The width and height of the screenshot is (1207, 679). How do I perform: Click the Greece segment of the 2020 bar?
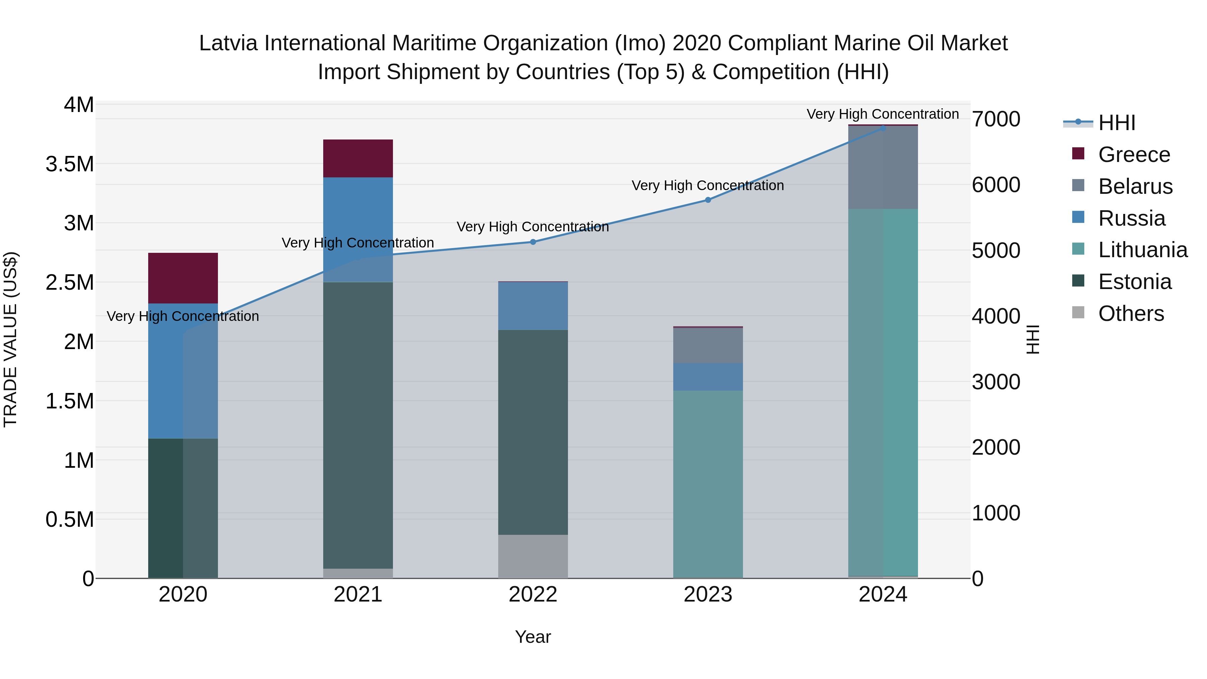(183, 278)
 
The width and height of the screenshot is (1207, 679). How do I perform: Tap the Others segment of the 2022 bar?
(533, 556)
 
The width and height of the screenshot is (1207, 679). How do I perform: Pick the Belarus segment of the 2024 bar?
(883, 167)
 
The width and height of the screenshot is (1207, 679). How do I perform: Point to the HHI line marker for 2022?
(533, 242)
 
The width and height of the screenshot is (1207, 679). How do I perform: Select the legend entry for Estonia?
(1134, 282)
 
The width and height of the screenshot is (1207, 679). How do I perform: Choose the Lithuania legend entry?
(1142, 250)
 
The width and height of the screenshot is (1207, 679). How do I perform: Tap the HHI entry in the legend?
(1116, 123)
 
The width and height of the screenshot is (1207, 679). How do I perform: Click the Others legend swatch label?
(1131, 314)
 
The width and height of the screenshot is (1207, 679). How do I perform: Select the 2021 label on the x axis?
(358, 595)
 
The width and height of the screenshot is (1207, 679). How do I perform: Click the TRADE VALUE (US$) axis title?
(10, 339)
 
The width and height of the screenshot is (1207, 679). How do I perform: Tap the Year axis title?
(533, 637)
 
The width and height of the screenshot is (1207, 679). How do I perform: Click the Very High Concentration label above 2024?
(882, 114)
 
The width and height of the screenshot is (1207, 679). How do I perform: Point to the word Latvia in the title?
(228, 43)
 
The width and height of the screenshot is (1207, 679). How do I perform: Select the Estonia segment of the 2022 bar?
(533, 432)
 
